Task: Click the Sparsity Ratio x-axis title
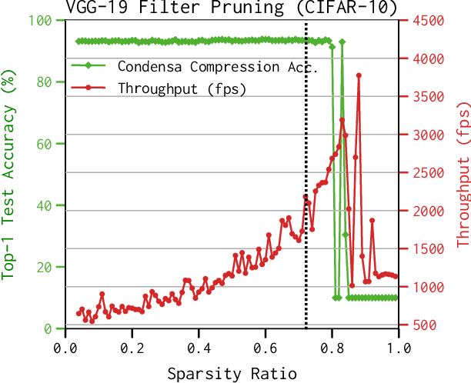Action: coord(232,374)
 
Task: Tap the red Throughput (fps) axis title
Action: coord(463,174)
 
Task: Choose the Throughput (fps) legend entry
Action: coord(182,88)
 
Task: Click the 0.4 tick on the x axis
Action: coord(199,348)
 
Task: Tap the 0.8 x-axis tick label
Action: coord(332,348)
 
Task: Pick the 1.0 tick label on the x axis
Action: coord(399,348)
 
